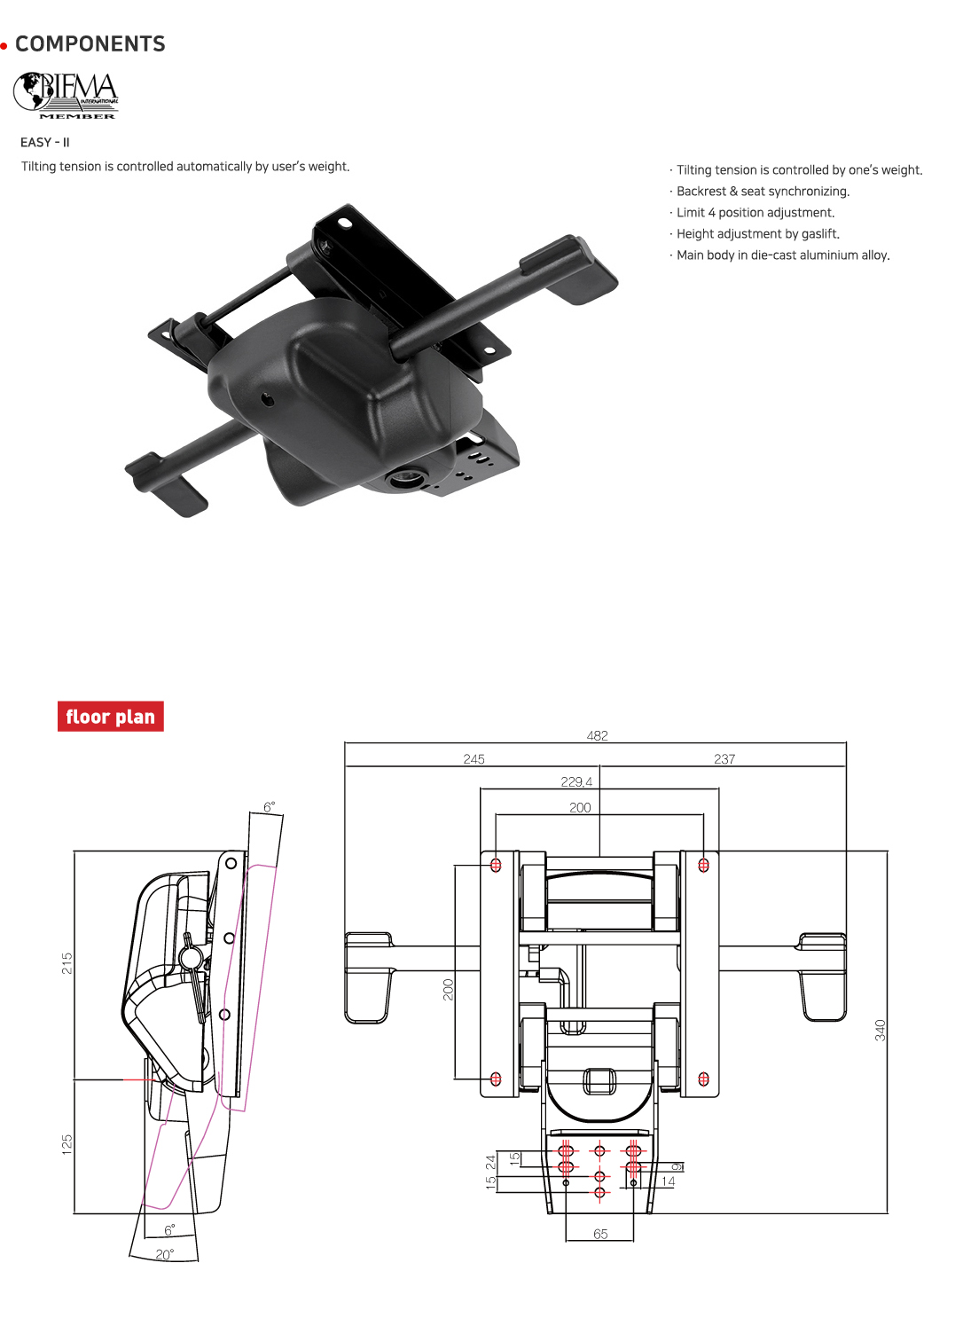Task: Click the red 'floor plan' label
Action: coord(111,717)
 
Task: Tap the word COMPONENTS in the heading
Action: coord(90,44)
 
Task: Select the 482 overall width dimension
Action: coord(597,735)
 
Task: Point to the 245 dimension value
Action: coord(474,759)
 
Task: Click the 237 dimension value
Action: coord(724,759)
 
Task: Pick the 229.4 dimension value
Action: coord(576,781)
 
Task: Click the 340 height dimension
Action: coord(880,1030)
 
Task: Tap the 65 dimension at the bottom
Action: coord(600,1234)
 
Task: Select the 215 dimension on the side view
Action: coord(67,963)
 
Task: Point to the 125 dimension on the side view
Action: coord(67,1144)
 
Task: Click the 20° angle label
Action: coord(165,1254)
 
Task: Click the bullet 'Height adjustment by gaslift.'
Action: coord(757,234)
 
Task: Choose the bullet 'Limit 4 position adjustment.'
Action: coord(755,213)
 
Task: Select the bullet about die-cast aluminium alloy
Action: coord(782,255)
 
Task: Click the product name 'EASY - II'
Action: coord(45,142)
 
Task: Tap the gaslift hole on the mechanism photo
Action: coord(407,479)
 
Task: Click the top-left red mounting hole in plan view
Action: coord(496,865)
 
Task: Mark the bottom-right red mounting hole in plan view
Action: coord(703,1079)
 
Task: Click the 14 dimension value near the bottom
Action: coord(669,1181)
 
